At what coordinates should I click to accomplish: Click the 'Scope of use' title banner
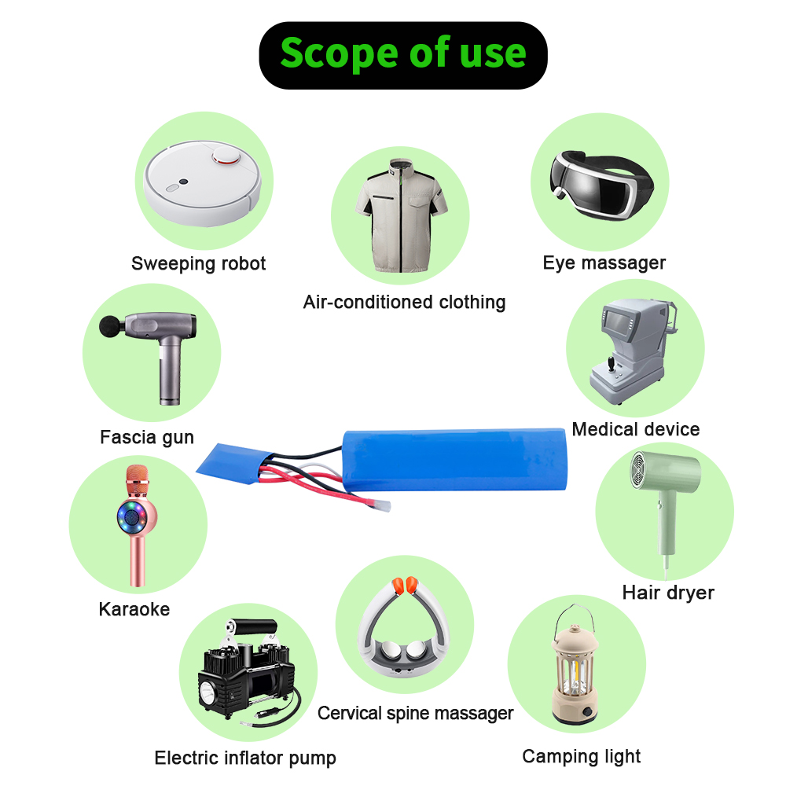point(403,55)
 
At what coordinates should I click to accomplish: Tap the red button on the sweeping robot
point(226,156)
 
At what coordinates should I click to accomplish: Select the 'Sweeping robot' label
point(199,263)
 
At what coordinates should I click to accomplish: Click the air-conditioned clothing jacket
point(401,215)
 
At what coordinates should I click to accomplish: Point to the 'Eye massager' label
point(604,263)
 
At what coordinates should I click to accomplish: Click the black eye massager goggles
point(601,185)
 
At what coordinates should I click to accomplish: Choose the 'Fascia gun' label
point(147,437)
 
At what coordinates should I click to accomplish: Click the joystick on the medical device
point(612,364)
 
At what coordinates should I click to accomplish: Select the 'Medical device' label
point(636,430)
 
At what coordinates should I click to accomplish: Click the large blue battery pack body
point(454,459)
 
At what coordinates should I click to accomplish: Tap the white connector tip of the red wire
point(380,505)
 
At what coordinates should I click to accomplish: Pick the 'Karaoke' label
point(134,609)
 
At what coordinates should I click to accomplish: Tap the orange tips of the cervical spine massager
point(405,586)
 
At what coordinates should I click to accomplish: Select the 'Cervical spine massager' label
point(416,714)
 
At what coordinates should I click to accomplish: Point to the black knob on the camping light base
point(587,712)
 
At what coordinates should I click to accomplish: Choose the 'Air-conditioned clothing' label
point(405,303)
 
